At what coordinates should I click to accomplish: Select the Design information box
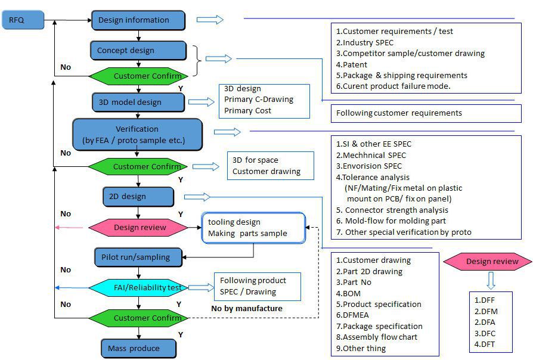[x=138, y=20]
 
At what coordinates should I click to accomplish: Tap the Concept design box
[x=138, y=51]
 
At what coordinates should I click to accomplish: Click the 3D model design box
[x=138, y=102]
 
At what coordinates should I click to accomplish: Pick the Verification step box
[x=137, y=135]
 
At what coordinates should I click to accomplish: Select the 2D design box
[x=138, y=196]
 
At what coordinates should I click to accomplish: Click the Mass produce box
[x=138, y=348]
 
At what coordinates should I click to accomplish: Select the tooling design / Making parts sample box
[x=253, y=228]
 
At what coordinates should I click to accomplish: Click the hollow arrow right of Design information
[x=209, y=20]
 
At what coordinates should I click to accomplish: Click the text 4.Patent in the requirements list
[x=352, y=64]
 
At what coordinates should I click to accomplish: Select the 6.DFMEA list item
[x=358, y=315]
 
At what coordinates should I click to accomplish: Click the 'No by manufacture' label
[x=246, y=308]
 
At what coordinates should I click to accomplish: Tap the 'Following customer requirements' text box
[x=399, y=113]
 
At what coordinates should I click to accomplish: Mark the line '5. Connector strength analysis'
[x=392, y=210]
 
